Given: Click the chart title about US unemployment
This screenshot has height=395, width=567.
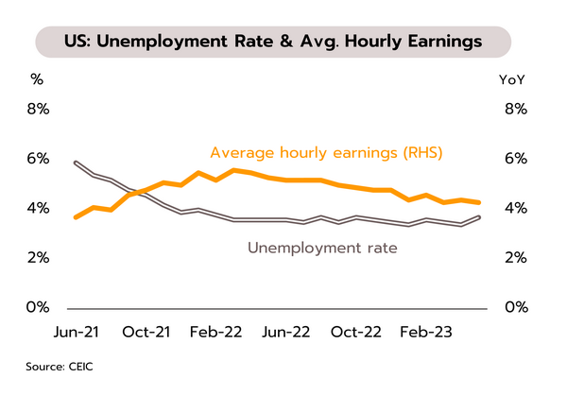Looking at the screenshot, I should tap(273, 42).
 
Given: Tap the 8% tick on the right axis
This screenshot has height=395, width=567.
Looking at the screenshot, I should tap(515, 109).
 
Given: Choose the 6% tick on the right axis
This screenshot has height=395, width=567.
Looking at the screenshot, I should tap(515, 158).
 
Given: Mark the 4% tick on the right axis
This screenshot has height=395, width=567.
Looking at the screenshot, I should tap(515, 208).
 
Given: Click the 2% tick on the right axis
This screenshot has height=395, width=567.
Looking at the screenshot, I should tap(515, 257).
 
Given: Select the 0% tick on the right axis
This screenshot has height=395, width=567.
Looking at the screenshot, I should tap(515, 307).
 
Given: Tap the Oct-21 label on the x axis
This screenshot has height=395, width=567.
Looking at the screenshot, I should tap(146, 333).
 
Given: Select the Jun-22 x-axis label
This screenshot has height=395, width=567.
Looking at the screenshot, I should tap(285, 333).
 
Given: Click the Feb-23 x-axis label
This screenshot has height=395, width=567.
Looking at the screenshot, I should tap(427, 333).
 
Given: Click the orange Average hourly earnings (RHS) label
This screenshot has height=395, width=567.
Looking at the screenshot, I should tap(326, 152).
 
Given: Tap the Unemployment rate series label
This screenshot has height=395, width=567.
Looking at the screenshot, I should tap(321, 249).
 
